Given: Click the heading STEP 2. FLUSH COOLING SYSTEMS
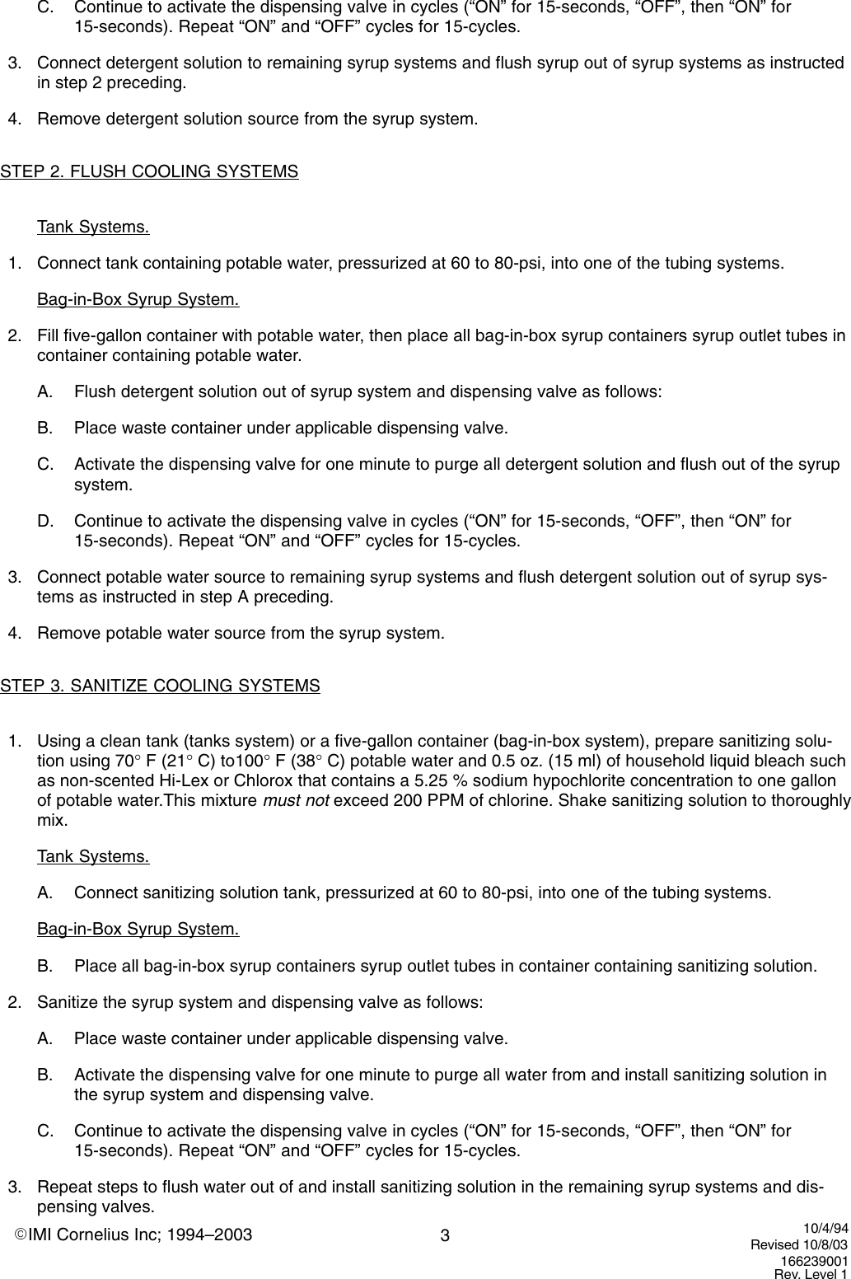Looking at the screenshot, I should [149, 172].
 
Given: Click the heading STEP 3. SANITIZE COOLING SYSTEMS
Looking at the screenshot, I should [160, 686].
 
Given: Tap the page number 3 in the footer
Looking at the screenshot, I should [445, 1236].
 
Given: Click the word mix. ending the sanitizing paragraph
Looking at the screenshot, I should [52, 820].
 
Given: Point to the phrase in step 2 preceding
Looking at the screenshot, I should [111, 83].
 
